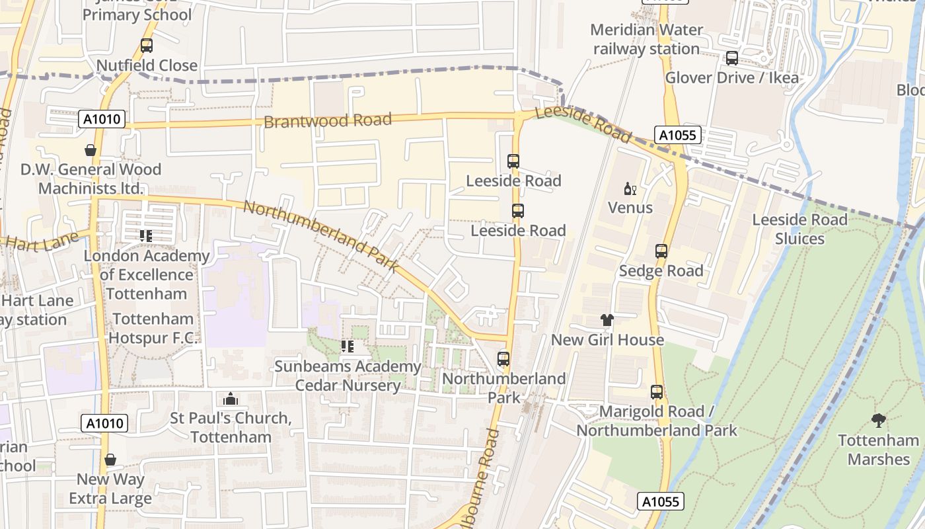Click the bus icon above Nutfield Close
(147, 46)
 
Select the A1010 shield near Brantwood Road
(102, 120)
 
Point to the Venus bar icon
(630, 189)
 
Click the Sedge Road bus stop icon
(661, 251)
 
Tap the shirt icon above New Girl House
(607, 321)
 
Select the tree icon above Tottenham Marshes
(878, 420)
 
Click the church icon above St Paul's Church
(230, 399)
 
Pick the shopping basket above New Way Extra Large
(110, 460)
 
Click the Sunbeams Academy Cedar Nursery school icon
(347, 346)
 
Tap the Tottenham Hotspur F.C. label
(153, 329)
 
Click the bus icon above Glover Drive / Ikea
(731, 58)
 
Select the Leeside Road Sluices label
(799, 229)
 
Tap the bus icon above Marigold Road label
(656, 392)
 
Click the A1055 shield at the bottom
(661, 502)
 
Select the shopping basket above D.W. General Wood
(91, 151)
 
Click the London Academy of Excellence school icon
(146, 235)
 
